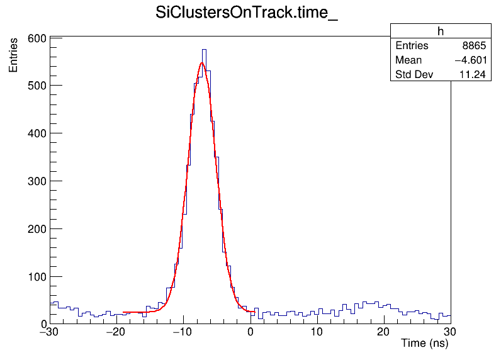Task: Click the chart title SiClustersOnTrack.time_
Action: coord(247,14)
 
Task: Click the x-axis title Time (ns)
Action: coord(424,344)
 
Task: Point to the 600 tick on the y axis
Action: coord(37,38)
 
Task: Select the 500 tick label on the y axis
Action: coord(37,86)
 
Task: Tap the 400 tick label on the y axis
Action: coord(37,133)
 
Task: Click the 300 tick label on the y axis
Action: coord(37,181)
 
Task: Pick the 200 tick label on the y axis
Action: coord(37,229)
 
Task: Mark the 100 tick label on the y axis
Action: coord(37,277)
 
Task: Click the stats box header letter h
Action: coord(441,32)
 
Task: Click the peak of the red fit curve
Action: coord(202,63)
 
